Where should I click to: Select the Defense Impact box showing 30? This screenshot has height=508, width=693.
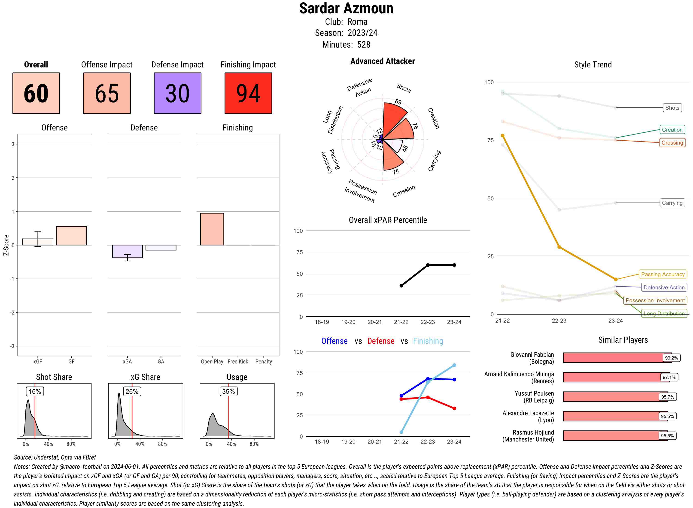click(177, 93)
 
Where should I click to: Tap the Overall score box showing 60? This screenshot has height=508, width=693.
click(36, 93)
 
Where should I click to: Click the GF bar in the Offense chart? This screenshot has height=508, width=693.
click(71, 236)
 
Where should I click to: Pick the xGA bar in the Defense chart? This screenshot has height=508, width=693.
click(127, 251)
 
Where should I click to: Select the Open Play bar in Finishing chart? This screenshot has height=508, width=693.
click(212, 229)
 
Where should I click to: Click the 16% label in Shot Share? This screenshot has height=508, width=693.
click(35, 391)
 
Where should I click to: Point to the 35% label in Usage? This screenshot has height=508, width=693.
click(228, 391)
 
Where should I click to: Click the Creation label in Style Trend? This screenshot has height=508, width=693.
click(672, 130)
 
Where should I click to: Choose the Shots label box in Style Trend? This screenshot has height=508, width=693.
click(672, 108)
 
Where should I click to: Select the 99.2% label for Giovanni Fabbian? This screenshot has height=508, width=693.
click(671, 358)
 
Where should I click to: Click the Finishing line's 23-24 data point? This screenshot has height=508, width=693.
click(454, 365)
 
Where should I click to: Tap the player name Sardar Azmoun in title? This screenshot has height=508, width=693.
click(346, 9)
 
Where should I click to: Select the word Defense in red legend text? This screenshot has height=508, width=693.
click(380, 341)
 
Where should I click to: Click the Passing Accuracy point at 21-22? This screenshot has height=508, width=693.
click(503, 136)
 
